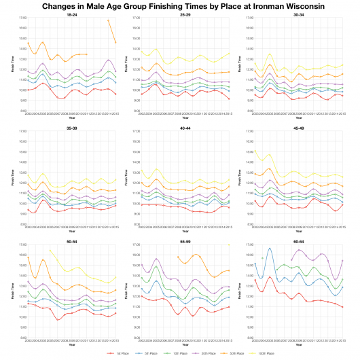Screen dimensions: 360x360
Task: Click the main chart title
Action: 179,5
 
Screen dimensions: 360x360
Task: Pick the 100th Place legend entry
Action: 264,354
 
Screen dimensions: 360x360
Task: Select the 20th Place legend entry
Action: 206,354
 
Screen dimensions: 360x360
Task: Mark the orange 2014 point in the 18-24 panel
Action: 108,20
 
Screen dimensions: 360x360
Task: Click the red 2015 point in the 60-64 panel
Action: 343,307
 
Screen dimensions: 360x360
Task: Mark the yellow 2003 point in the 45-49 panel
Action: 255,151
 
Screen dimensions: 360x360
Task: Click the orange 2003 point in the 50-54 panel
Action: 28,257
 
